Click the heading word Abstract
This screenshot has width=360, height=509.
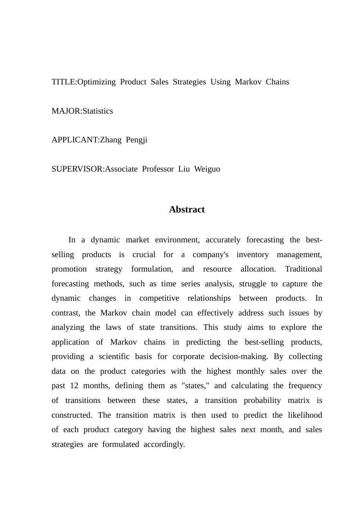point(187,209)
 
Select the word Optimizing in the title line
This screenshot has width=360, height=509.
point(96,82)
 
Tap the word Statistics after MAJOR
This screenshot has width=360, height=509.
point(98,111)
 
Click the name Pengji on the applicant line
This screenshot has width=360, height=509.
point(136,140)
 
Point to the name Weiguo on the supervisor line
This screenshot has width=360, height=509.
point(207,169)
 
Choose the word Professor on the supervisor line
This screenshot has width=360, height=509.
point(158,169)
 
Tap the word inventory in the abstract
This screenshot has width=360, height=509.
point(252,254)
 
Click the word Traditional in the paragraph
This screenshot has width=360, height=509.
point(303,269)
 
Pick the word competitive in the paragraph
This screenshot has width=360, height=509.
point(159,298)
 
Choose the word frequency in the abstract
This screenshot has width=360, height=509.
point(305,386)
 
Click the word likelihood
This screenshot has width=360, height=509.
point(305,415)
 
